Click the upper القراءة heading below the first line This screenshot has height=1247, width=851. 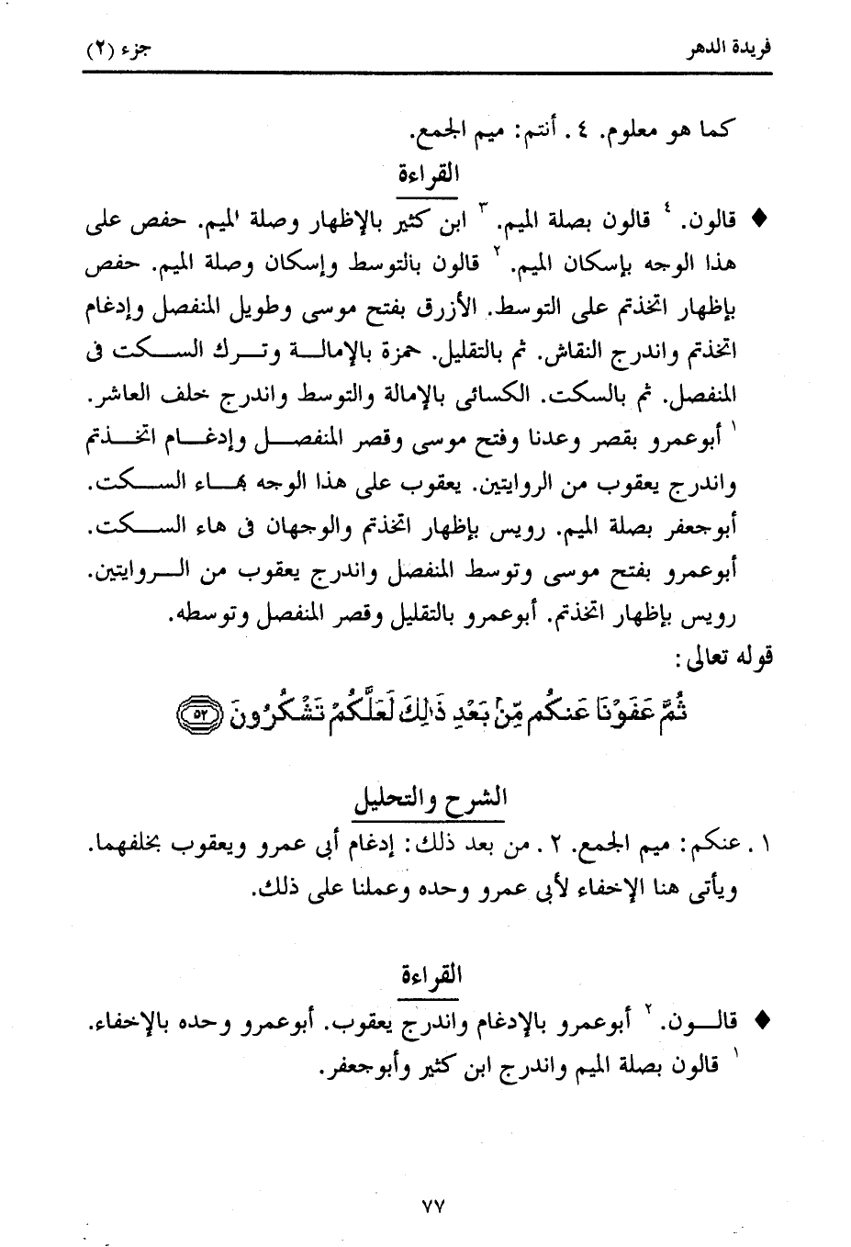point(430,174)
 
